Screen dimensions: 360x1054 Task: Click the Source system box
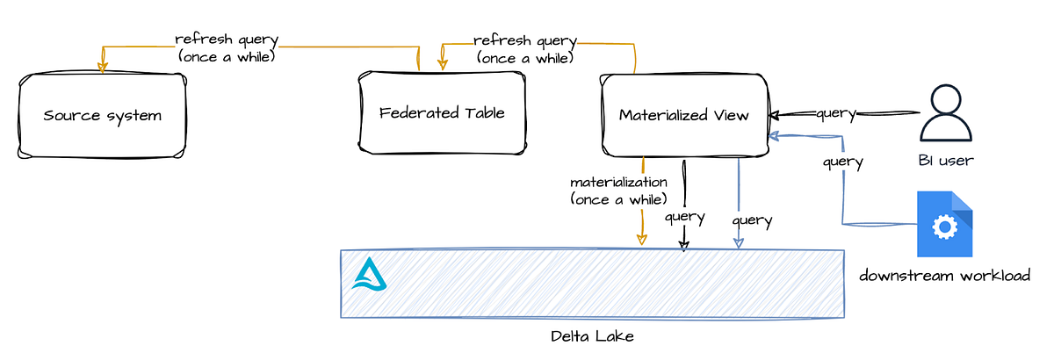click(102, 116)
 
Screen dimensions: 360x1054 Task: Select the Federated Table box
click(442, 113)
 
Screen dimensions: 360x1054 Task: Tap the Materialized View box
click(684, 115)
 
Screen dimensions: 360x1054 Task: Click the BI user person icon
click(945, 113)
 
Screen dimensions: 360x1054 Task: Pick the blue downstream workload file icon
click(944, 224)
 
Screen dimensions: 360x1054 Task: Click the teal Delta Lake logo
click(369, 274)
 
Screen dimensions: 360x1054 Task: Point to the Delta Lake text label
click(592, 336)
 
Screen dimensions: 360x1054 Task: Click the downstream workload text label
click(944, 276)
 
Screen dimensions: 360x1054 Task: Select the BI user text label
click(945, 160)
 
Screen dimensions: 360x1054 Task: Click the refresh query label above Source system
click(227, 47)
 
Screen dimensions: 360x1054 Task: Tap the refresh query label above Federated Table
click(525, 49)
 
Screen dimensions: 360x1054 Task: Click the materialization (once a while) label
click(618, 191)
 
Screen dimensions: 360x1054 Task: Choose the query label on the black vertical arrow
click(685, 217)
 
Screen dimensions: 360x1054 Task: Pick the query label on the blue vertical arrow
click(752, 220)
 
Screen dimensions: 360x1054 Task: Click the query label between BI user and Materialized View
click(836, 113)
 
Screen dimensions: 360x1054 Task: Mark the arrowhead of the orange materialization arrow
click(642, 239)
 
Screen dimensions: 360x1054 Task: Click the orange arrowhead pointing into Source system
click(103, 66)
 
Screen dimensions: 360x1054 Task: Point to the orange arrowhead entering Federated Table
click(443, 64)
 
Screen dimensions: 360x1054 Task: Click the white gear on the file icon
click(945, 227)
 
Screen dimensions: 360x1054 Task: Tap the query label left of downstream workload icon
click(842, 162)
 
